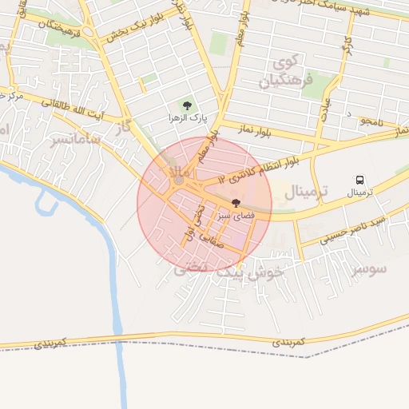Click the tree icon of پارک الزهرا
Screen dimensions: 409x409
click(x=188, y=105)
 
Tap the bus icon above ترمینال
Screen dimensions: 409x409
click(x=359, y=181)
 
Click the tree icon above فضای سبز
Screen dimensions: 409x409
click(x=236, y=204)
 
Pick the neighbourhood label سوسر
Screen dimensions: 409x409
click(x=369, y=268)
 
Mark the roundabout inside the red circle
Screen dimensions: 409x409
click(x=178, y=181)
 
